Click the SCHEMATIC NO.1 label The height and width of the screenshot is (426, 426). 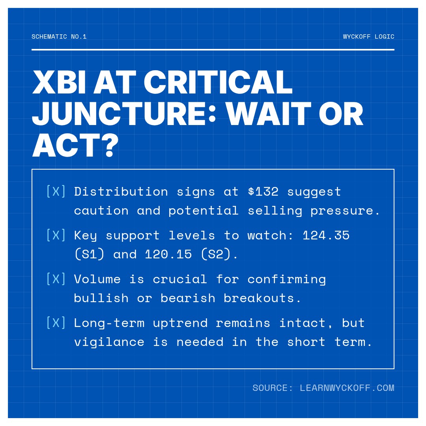(x=59, y=37)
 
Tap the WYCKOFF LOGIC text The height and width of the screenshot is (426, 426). (x=368, y=37)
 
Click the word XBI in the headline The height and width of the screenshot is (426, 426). (x=59, y=83)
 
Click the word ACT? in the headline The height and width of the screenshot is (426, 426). (x=75, y=146)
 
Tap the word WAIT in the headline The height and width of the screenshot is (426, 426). (x=269, y=114)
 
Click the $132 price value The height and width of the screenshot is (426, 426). (x=263, y=192)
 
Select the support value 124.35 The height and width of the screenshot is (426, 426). (x=326, y=235)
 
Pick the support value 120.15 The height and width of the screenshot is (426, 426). (x=168, y=254)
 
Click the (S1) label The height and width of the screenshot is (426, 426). (x=89, y=254)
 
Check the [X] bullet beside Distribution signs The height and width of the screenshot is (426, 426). (x=56, y=192)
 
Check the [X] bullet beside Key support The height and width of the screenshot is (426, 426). (x=56, y=235)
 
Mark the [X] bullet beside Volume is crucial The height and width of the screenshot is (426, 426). (x=56, y=279)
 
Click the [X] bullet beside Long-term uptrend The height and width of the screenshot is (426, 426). (x=56, y=323)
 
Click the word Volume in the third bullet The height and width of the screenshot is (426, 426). (x=97, y=279)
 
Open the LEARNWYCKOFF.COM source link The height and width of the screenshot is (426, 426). (x=347, y=388)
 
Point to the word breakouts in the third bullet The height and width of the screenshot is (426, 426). (x=262, y=298)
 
